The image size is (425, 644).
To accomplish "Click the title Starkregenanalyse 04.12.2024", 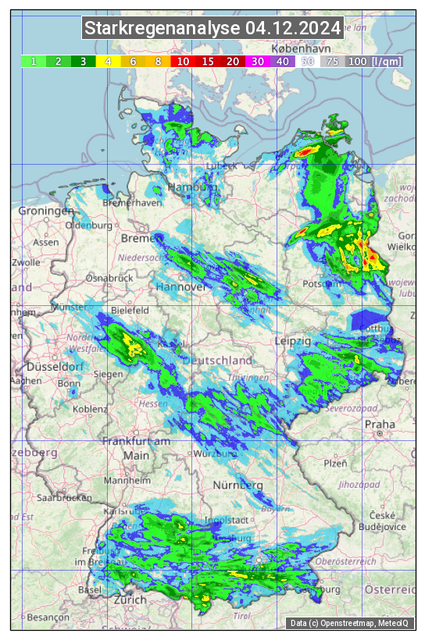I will pyautogui.click(x=212, y=29).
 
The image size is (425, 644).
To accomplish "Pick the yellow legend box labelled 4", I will pyautogui.click(x=109, y=61).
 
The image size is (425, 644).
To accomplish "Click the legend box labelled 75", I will pyautogui.click(x=332, y=61).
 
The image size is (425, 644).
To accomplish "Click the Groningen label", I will pyautogui.click(x=46, y=212).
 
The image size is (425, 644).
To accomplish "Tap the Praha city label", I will pyautogui.click(x=380, y=425).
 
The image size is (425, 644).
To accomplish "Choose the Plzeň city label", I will pyautogui.click(x=335, y=463).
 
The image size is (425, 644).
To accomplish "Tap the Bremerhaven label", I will pyautogui.click(x=132, y=203).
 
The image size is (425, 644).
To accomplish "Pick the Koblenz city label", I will pyautogui.click(x=91, y=408).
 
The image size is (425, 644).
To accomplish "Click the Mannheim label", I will pyautogui.click(x=127, y=481).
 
